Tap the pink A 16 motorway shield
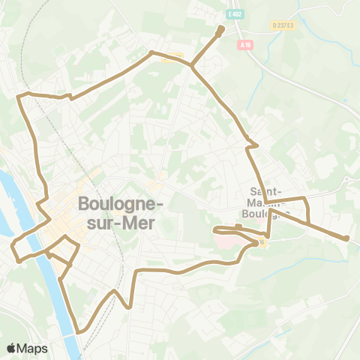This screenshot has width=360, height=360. click(245, 45)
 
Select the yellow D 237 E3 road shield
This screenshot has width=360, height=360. click(282, 25)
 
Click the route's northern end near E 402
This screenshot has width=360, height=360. click(220, 30)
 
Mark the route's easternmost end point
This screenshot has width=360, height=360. click(346, 238)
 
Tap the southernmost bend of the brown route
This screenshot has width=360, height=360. click(79, 331)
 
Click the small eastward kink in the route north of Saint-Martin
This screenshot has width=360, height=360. click(256, 145)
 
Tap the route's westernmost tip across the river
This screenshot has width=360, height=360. click(13, 245)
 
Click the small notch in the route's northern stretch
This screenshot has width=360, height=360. click(70, 96)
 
